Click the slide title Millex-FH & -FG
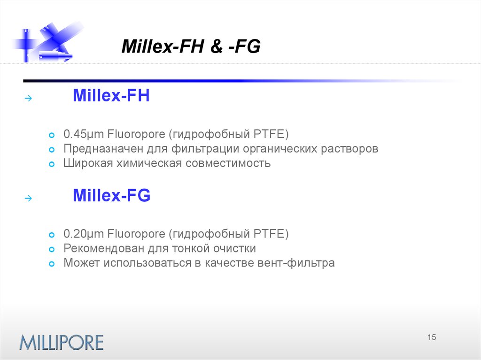click(191, 47)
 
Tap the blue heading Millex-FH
click(111, 97)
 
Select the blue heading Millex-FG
click(111, 196)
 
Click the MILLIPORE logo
click(61, 342)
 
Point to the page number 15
click(432, 337)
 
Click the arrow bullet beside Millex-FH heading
click(28, 99)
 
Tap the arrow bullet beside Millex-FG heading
click(28, 199)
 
